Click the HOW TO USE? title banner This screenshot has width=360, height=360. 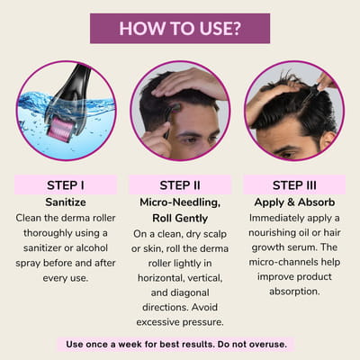[x=180, y=29]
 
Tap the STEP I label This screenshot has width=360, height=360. [x=66, y=185]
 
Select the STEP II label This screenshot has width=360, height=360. [x=180, y=185]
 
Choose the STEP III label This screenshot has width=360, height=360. [x=294, y=185]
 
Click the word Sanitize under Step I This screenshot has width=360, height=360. [x=66, y=202]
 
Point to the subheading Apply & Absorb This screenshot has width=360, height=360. [x=294, y=202]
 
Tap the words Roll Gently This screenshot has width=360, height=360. [x=180, y=219]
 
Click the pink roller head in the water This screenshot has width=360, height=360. [x=60, y=128]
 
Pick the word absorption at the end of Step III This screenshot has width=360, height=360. [x=294, y=292]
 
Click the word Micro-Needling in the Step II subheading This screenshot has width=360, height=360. [x=180, y=202]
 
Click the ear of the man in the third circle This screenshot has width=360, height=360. [x=327, y=139]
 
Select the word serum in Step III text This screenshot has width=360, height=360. [x=301, y=247]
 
